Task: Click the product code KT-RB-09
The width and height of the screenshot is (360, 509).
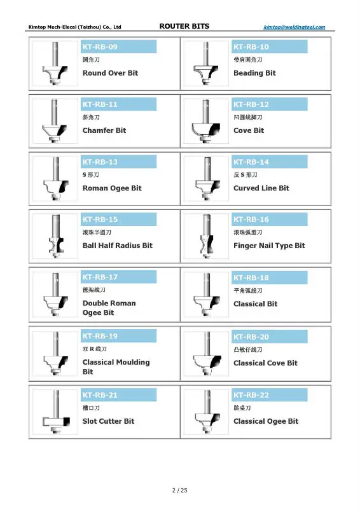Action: [100, 46]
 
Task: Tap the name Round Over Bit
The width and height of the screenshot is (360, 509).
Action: [110, 73]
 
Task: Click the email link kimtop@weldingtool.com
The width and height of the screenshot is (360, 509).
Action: [294, 27]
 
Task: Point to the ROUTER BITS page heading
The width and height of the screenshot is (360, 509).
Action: [184, 26]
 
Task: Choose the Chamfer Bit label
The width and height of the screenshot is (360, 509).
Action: [104, 130]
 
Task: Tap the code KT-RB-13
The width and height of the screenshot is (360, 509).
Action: [100, 162]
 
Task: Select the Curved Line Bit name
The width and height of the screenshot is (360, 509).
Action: [261, 188]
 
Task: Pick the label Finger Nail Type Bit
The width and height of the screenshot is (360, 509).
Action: [269, 246]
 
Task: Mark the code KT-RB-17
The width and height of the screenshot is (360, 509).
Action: [100, 277]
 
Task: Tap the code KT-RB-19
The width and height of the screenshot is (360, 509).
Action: [100, 336]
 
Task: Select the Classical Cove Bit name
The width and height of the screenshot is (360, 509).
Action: [265, 363]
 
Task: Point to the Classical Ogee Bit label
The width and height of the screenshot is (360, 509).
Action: [266, 421]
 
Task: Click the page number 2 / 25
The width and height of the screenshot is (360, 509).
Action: [180, 490]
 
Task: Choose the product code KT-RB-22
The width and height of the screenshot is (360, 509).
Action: [251, 395]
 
